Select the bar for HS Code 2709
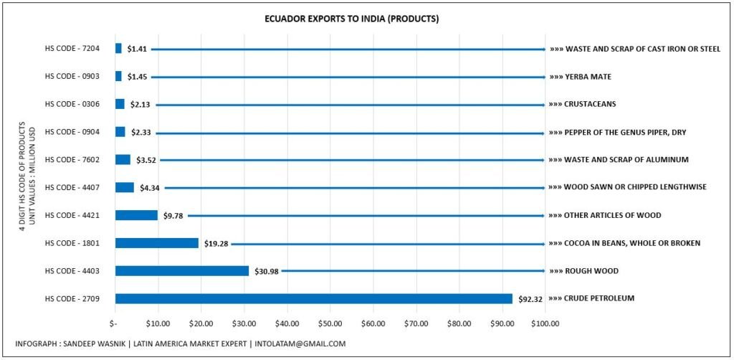click(x=313, y=298)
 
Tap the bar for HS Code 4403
click(x=181, y=270)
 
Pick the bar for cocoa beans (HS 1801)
click(x=156, y=243)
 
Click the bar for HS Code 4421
click(x=136, y=215)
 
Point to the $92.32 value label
click(x=530, y=299)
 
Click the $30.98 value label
click(x=264, y=271)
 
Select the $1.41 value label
click(x=137, y=49)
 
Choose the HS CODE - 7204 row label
click(x=72, y=49)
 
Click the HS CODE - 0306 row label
click(x=72, y=105)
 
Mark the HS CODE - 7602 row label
click(x=72, y=160)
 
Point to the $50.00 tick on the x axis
click(x=330, y=323)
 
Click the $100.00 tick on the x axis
click(x=544, y=323)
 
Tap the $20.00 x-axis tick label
click(x=201, y=323)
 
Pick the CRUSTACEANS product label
click(x=589, y=105)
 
